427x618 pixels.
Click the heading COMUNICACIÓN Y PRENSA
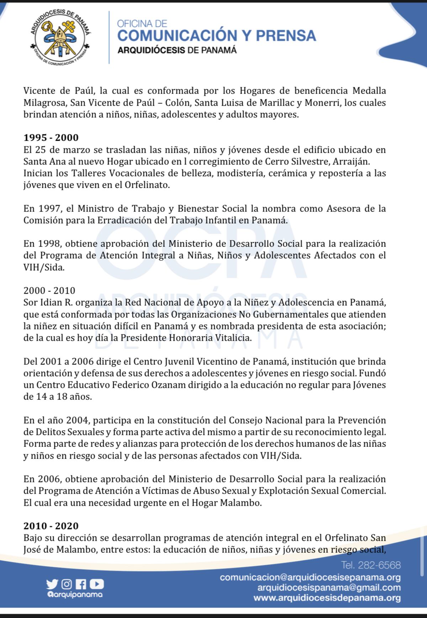tap(216, 36)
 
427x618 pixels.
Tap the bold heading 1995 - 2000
tap(51, 137)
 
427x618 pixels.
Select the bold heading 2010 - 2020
tap(51, 526)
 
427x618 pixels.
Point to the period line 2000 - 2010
tap(49, 291)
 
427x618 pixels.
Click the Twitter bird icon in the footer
tap(52, 584)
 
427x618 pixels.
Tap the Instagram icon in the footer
tap(67, 584)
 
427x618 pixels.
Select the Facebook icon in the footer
tap(81, 584)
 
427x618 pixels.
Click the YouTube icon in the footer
tap(97, 584)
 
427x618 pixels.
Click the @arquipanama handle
tap(74, 595)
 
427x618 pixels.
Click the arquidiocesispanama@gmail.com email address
tap(329, 588)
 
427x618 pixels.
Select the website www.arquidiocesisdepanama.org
tap(327, 598)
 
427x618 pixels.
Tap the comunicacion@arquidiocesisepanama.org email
tap(310, 577)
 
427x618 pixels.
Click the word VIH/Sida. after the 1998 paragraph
tap(44, 267)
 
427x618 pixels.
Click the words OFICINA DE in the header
tap(142, 23)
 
